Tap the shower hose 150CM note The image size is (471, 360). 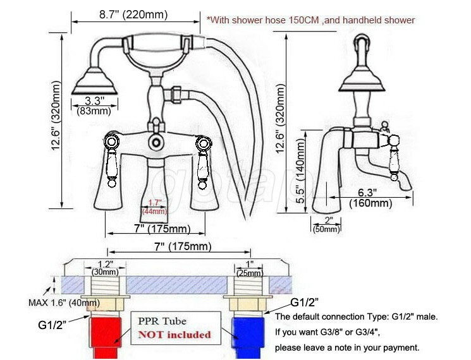coord(310,20)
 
